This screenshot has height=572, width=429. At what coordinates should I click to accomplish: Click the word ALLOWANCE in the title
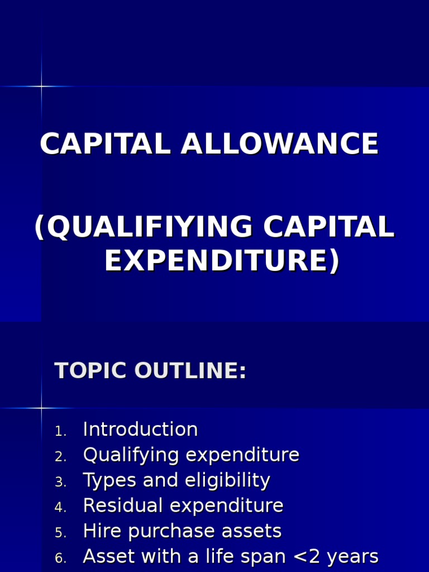pos(279,144)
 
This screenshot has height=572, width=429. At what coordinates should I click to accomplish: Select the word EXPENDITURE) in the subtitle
pos(222,261)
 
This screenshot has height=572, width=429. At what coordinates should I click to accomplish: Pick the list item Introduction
pos(140,430)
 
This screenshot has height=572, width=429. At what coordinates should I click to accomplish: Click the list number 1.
pos(60,431)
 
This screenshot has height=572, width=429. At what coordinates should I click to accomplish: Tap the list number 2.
pos(60,457)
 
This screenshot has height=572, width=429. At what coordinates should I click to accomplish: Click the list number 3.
pos(60,482)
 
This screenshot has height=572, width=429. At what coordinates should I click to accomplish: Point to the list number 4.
pos(60,508)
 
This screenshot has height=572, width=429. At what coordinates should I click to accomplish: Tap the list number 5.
pos(60,533)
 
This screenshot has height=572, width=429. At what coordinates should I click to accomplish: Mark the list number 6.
pos(60,559)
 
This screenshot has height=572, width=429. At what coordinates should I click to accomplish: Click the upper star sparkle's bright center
pos(41,86)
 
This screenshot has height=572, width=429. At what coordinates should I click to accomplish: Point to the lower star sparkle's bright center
pos(41,408)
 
